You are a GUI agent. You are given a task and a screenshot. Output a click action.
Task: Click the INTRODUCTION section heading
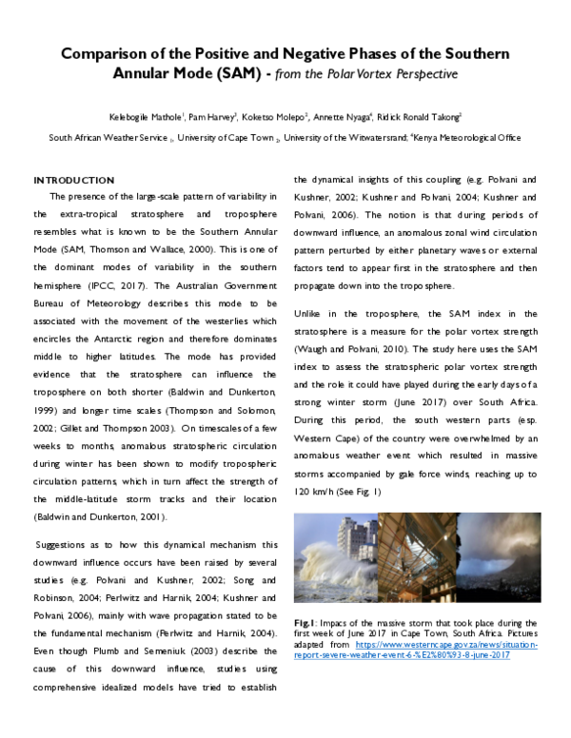click(x=74, y=181)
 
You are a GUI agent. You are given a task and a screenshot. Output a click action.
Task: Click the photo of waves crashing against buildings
click(x=335, y=560)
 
